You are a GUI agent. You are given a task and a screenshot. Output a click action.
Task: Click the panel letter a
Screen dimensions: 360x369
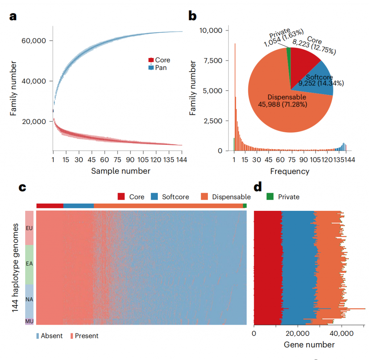pyautogui.click(x=13, y=17)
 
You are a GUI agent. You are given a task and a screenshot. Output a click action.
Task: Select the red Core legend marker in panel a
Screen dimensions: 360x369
pyautogui.click(x=151, y=60)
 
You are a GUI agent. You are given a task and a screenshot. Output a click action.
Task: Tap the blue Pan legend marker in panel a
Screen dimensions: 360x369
pyautogui.click(x=151, y=67)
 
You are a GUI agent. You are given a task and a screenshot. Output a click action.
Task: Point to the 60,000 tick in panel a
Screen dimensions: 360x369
pyautogui.click(x=34, y=41)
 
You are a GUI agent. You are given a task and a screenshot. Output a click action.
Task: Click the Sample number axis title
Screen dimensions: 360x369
pyautogui.click(x=120, y=171)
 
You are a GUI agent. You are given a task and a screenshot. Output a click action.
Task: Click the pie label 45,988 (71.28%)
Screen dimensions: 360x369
pyautogui.click(x=283, y=105)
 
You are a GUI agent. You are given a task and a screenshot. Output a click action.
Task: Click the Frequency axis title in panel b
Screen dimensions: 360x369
pyautogui.click(x=289, y=171)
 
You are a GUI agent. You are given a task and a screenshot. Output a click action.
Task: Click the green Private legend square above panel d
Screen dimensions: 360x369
pyautogui.click(x=270, y=197)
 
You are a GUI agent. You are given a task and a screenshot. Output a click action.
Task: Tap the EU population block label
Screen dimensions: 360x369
pyautogui.click(x=29, y=228)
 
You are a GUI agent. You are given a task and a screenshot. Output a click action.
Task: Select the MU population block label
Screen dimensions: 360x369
pyautogui.click(x=29, y=320)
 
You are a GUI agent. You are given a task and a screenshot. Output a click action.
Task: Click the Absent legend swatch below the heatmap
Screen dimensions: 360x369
pyautogui.click(x=38, y=336)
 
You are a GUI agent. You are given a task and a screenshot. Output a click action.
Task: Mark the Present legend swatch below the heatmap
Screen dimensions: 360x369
pyautogui.click(x=72, y=336)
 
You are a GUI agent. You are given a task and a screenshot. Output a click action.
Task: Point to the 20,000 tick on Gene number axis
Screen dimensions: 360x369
pyautogui.click(x=298, y=333)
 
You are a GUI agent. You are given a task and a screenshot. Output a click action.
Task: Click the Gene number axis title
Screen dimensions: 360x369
pyautogui.click(x=309, y=345)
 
